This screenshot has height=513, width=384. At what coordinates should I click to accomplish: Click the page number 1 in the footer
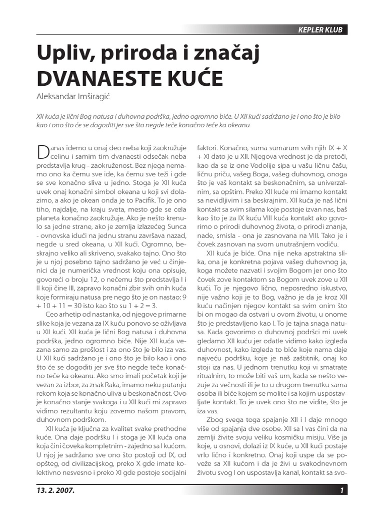click(x=342, y=490)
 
